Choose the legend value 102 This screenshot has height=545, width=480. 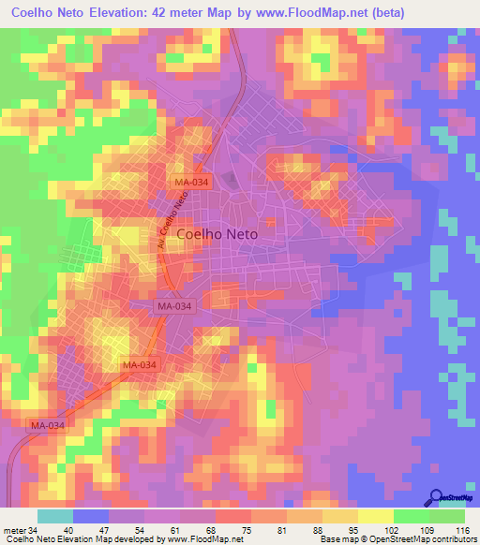click(376, 529)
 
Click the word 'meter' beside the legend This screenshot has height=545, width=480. click(15, 529)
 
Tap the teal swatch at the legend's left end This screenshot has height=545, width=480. click(55, 516)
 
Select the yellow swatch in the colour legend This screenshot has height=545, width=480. click(376, 516)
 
